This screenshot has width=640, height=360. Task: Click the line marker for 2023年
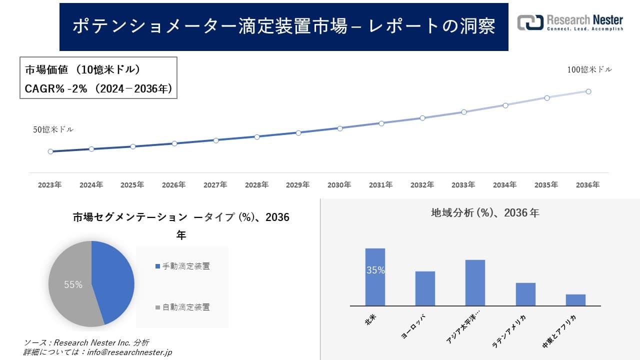tap(50, 151)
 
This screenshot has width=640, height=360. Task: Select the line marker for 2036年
tap(588, 91)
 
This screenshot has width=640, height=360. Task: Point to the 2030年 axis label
tap(339, 185)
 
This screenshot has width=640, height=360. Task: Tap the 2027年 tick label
tap(215, 185)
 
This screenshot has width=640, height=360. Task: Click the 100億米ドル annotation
tap(589, 70)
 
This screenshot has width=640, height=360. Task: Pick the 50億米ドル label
tap(53, 129)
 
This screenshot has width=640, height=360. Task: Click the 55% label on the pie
tap(73, 285)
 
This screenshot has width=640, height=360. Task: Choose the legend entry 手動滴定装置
tap(185, 266)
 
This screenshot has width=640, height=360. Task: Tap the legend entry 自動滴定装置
tap(185, 307)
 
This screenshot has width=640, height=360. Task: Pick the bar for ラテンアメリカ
tap(525, 294)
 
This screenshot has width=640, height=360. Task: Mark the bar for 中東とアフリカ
tap(575, 300)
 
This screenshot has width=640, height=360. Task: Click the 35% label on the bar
tap(375, 270)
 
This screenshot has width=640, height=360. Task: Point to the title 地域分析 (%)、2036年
tap(485, 213)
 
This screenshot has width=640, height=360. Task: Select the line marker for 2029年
tap(298, 133)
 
